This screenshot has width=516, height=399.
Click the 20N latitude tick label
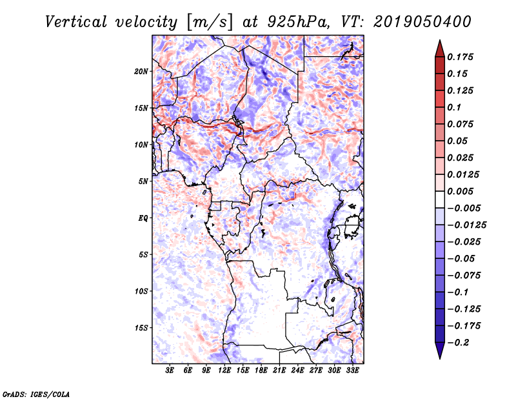(x=141, y=71)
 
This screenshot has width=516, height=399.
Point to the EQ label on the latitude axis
(x=143, y=218)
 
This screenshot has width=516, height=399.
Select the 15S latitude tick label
(x=141, y=328)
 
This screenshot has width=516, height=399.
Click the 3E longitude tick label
(x=170, y=371)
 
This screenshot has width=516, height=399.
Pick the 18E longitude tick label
(x=261, y=371)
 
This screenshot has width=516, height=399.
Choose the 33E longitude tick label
(x=352, y=371)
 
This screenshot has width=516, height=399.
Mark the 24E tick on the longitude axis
(x=298, y=371)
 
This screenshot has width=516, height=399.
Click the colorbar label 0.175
(x=462, y=57)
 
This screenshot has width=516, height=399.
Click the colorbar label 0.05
(x=459, y=141)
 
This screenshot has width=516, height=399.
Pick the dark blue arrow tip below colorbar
(x=439, y=353)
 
